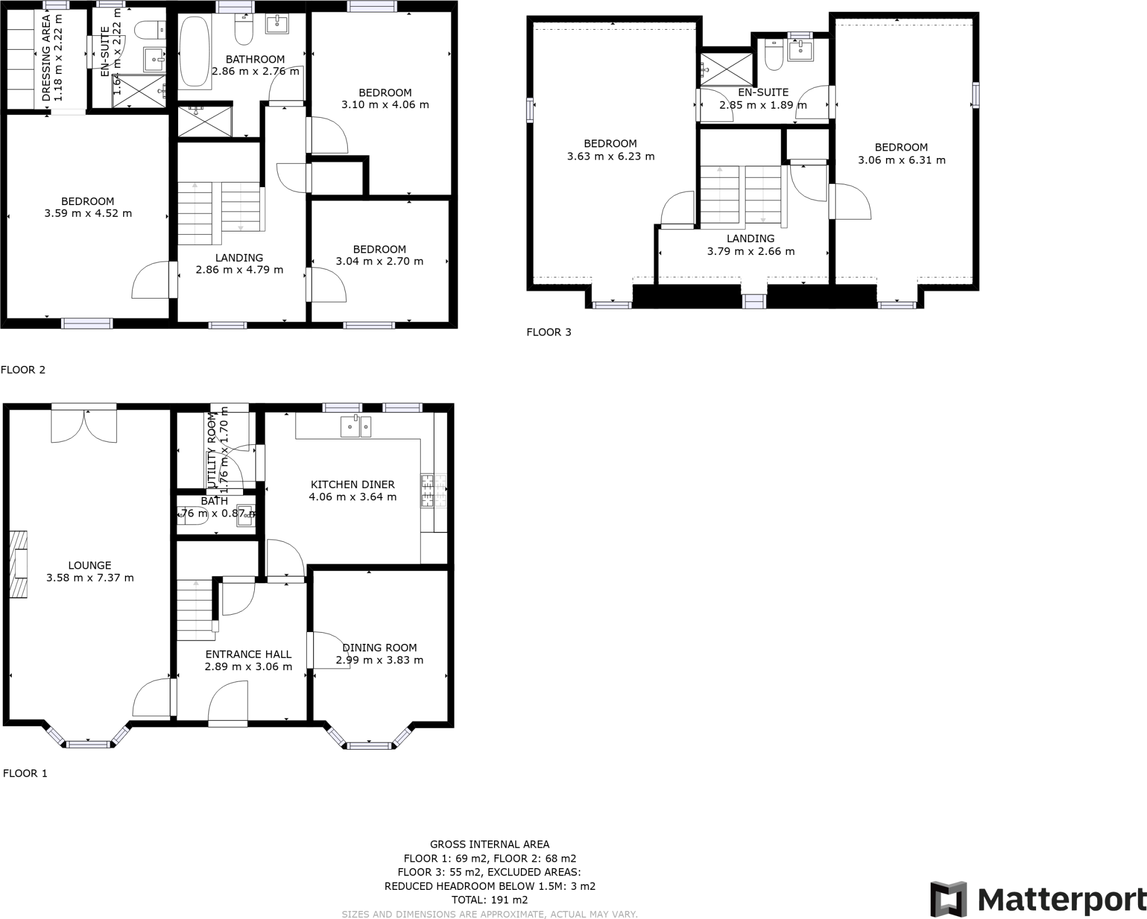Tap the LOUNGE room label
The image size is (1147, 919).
[90, 565]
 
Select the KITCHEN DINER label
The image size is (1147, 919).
[352, 484]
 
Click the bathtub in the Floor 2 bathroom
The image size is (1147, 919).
[194, 52]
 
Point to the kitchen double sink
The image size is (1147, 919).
[356, 426]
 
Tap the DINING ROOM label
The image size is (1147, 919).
[379, 648]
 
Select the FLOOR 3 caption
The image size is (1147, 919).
[548, 332]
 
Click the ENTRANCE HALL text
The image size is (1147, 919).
[248, 654]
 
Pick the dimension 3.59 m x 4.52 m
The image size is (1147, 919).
[88, 213]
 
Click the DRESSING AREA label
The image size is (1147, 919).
[46, 58]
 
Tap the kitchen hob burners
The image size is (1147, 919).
[433, 491]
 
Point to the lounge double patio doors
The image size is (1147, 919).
[84, 426]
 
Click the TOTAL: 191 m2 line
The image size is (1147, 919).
[489, 900]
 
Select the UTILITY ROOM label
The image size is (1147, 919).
[212, 452]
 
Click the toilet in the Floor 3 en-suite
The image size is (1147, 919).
[774, 56]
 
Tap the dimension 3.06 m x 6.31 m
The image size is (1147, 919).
[901, 160]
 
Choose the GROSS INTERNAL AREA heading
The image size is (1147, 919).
[489, 844]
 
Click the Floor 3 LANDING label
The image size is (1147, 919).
[750, 239]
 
